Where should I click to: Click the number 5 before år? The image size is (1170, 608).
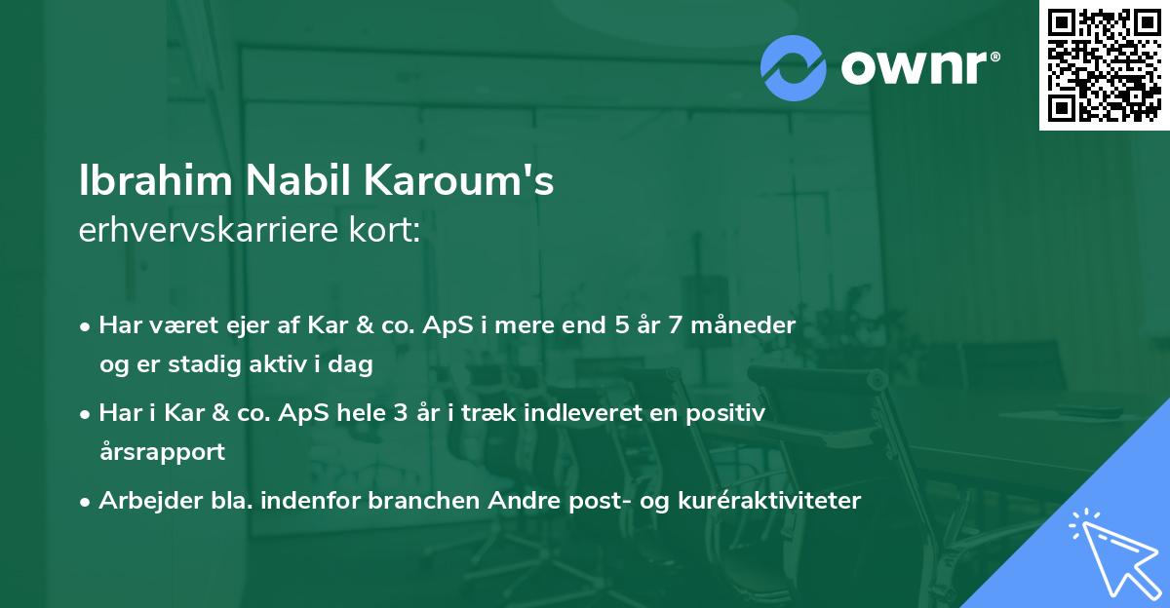click(621, 324)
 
